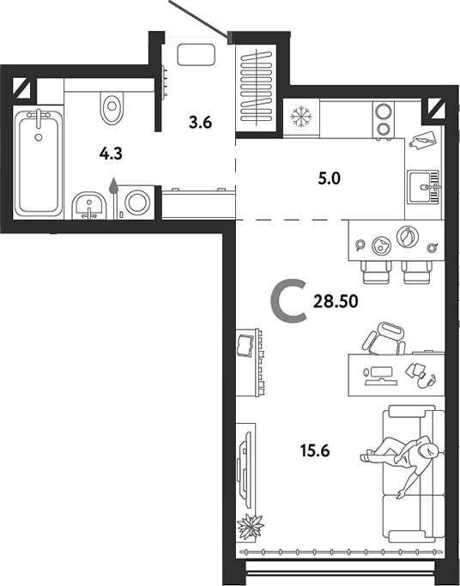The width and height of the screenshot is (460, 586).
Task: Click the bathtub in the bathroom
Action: coord(39,161)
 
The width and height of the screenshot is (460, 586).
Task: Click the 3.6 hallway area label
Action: coord(199,122)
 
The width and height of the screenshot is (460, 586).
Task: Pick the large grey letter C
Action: coord(289,302)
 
